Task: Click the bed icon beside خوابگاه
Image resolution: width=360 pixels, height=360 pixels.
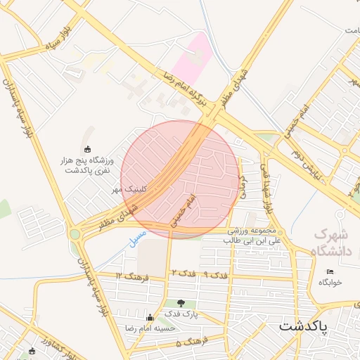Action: [x=330, y=271]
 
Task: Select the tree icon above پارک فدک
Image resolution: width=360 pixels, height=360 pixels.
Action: [x=181, y=304]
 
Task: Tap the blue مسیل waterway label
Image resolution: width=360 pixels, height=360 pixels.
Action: [x=138, y=237]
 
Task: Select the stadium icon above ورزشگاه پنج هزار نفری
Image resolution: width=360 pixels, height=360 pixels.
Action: [x=87, y=148]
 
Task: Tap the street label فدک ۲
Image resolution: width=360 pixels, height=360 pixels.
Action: [x=183, y=272]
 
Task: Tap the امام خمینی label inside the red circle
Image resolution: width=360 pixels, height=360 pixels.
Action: [x=180, y=212]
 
